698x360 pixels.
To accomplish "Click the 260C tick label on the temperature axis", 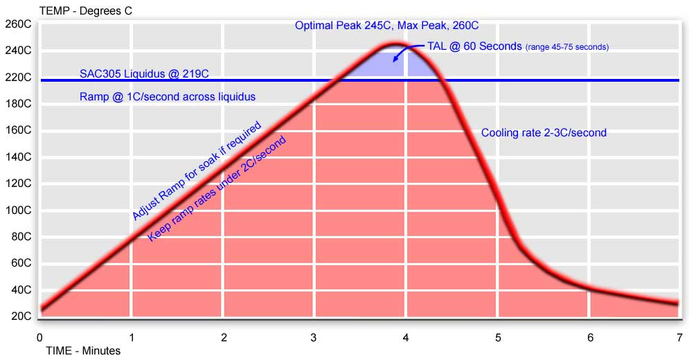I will tap(18, 24).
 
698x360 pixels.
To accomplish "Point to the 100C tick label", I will tap(18, 210).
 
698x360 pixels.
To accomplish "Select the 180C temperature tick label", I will tap(18, 104).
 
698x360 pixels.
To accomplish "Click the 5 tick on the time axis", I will tap(498, 337).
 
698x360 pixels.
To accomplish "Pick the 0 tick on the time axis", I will tap(39, 337).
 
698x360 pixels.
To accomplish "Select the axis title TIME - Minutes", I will tap(83, 351).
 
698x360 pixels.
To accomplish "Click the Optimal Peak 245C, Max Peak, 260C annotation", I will tap(387, 26).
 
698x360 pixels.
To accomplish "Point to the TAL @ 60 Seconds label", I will tap(474, 47).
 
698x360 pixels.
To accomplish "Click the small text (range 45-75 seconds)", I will tap(567, 48).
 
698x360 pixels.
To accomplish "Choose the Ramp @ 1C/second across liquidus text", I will tap(168, 97).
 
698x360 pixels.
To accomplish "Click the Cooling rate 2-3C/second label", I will tap(544, 133).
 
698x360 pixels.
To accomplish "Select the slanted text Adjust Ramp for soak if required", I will tap(197, 171).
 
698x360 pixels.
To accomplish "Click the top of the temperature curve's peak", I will tap(394, 45).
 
